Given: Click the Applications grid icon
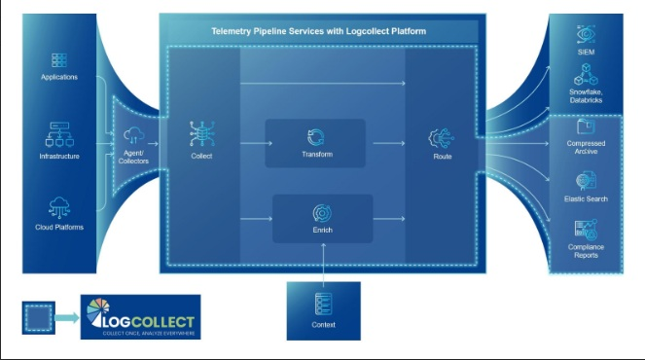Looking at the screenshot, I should tap(59, 59).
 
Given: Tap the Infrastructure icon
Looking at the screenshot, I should tap(59, 135).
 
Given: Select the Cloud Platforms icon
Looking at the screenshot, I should tap(59, 206).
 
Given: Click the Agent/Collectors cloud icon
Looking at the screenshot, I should tap(134, 134).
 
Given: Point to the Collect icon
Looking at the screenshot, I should tap(202, 135).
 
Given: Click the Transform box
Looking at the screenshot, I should tap(314, 142).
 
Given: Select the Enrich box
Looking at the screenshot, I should tap(322, 218).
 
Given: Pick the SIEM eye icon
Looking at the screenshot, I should tap(587, 32).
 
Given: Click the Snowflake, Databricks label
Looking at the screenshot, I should tap(587, 95).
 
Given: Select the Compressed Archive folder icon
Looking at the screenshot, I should tap(586, 126).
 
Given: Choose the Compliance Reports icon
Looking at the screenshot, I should tap(586, 230).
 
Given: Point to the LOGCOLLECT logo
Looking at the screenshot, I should tap(141, 319).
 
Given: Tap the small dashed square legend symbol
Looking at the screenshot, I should tap(36, 318).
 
